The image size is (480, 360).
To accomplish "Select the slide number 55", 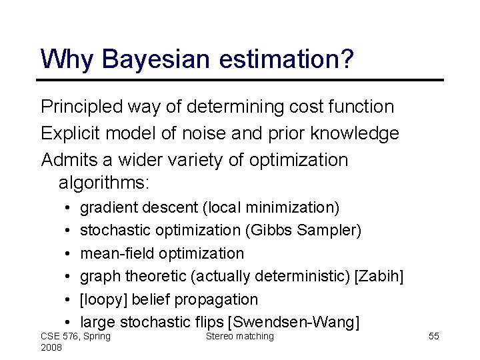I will click(x=433, y=336).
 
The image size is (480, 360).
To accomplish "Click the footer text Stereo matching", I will click(x=240, y=336).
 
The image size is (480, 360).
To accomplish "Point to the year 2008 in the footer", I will click(x=51, y=348).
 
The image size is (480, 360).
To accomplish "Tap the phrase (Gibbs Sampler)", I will click(x=303, y=230).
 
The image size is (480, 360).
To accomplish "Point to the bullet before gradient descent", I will click(x=69, y=208).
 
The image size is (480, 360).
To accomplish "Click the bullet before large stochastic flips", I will click(x=69, y=323).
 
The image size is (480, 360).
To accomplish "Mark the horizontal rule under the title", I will click(x=240, y=80).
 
